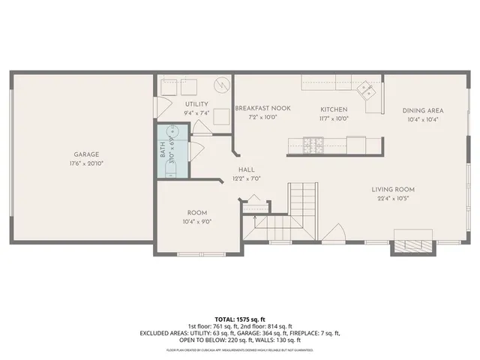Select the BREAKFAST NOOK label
coord(256,109)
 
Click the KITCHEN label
coord(334,109)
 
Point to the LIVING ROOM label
coord(393,189)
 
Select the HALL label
coord(246,170)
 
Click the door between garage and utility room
coord(160,107)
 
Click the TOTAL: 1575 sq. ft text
coord(240,319)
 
